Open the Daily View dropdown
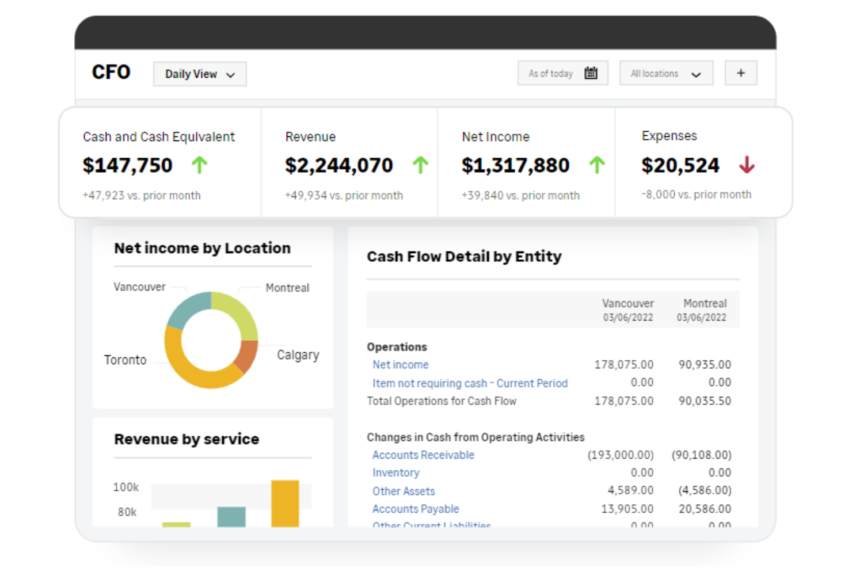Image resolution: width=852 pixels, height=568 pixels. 199,74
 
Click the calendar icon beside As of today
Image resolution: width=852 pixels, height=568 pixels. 591,73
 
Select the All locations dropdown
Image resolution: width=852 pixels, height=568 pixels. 665,74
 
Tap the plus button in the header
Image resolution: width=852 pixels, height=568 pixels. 740,73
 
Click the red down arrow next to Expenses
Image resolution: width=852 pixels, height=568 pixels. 747,165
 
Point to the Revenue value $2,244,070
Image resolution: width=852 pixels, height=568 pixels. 338,166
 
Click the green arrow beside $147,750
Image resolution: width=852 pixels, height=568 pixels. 199,165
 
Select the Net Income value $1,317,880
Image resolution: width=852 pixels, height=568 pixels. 515,166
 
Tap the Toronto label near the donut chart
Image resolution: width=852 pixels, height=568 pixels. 125,360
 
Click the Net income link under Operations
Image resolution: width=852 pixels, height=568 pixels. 400,365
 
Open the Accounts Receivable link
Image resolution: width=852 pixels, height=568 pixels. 423,455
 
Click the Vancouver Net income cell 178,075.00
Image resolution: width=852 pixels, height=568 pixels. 623,365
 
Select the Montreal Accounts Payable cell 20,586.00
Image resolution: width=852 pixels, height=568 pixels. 705,509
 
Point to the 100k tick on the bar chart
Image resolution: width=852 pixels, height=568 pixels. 125,487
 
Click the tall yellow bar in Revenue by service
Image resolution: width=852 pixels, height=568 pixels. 285,503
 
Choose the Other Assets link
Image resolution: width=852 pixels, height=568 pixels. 404,491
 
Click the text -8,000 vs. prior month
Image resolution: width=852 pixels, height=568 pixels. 696,195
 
